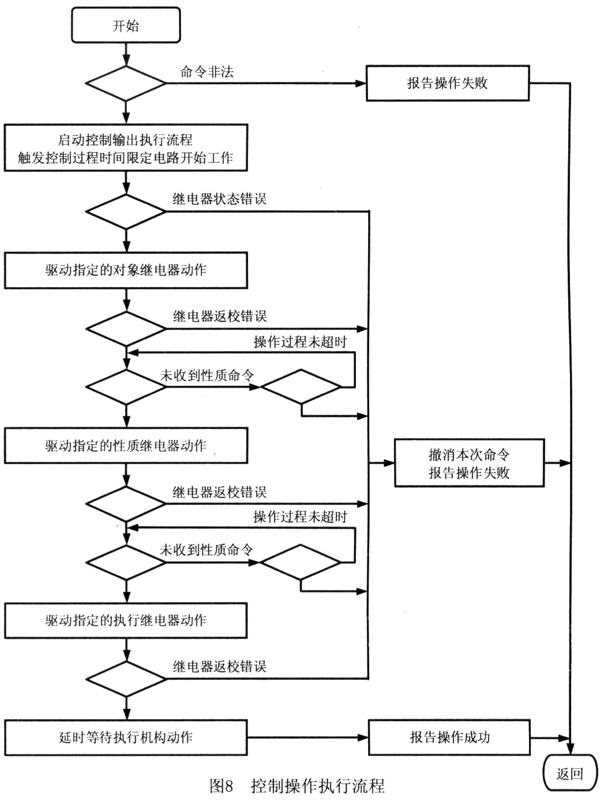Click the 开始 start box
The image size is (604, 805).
click(x=126, y=25)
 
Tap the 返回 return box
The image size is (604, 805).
click(x=570, y=773)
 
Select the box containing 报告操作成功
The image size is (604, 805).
click(x=449, y=737)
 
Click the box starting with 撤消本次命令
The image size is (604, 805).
click(x=468, y=463)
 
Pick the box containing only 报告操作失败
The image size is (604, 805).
click(x=447, y=83)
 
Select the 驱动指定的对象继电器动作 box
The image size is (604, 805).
click(x=126, y=270)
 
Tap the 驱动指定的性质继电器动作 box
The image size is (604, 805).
click(x=126, y=445)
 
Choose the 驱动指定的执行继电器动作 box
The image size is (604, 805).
click(x=126, y=620)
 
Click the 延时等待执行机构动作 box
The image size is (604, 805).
click(x=126, y=737)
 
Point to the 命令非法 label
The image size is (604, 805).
click(x=207, y=72)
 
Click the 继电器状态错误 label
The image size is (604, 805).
click(x=219, y=199)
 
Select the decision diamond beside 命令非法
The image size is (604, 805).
click(x=126, y=84)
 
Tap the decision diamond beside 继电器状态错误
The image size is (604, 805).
click(x=126, y=212)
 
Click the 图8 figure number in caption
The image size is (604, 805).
click(x=221, y=785)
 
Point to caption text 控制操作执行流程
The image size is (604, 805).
click(x=317, y=785)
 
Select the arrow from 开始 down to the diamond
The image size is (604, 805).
click(x=126, y=54)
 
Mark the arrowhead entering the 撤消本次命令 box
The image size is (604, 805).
click(x=389, y=463)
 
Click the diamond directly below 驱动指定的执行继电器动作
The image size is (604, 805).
click(x=126, y=679)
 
